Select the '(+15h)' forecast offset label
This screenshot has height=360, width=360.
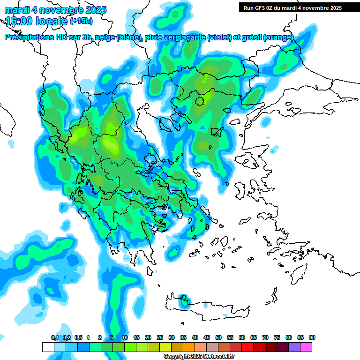[x=81, y=21]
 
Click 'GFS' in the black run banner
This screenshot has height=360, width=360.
[x=261, y=8]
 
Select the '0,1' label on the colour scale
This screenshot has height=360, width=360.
[x=55, y=337]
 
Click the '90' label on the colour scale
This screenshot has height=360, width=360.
[x=312, y=337]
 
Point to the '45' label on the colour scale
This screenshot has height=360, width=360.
[x=207, y=337]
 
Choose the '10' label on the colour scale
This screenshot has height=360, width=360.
[x=125, y=337]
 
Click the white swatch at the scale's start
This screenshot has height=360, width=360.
[x=48, y=347]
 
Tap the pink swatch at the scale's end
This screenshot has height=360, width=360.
[x=306, y=347]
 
